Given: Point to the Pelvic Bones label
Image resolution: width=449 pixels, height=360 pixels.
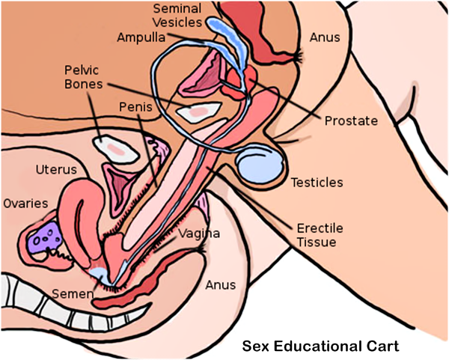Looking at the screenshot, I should pos(85,77).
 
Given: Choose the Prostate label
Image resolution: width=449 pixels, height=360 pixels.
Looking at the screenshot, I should pos(351,120).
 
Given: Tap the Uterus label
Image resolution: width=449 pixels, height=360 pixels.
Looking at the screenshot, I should pos(56,169).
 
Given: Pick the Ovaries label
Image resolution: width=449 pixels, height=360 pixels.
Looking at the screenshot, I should pos(27,203).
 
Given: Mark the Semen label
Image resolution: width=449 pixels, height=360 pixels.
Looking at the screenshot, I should pos(73,294).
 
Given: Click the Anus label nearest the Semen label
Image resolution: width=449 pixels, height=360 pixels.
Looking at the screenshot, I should pos(221,285).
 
